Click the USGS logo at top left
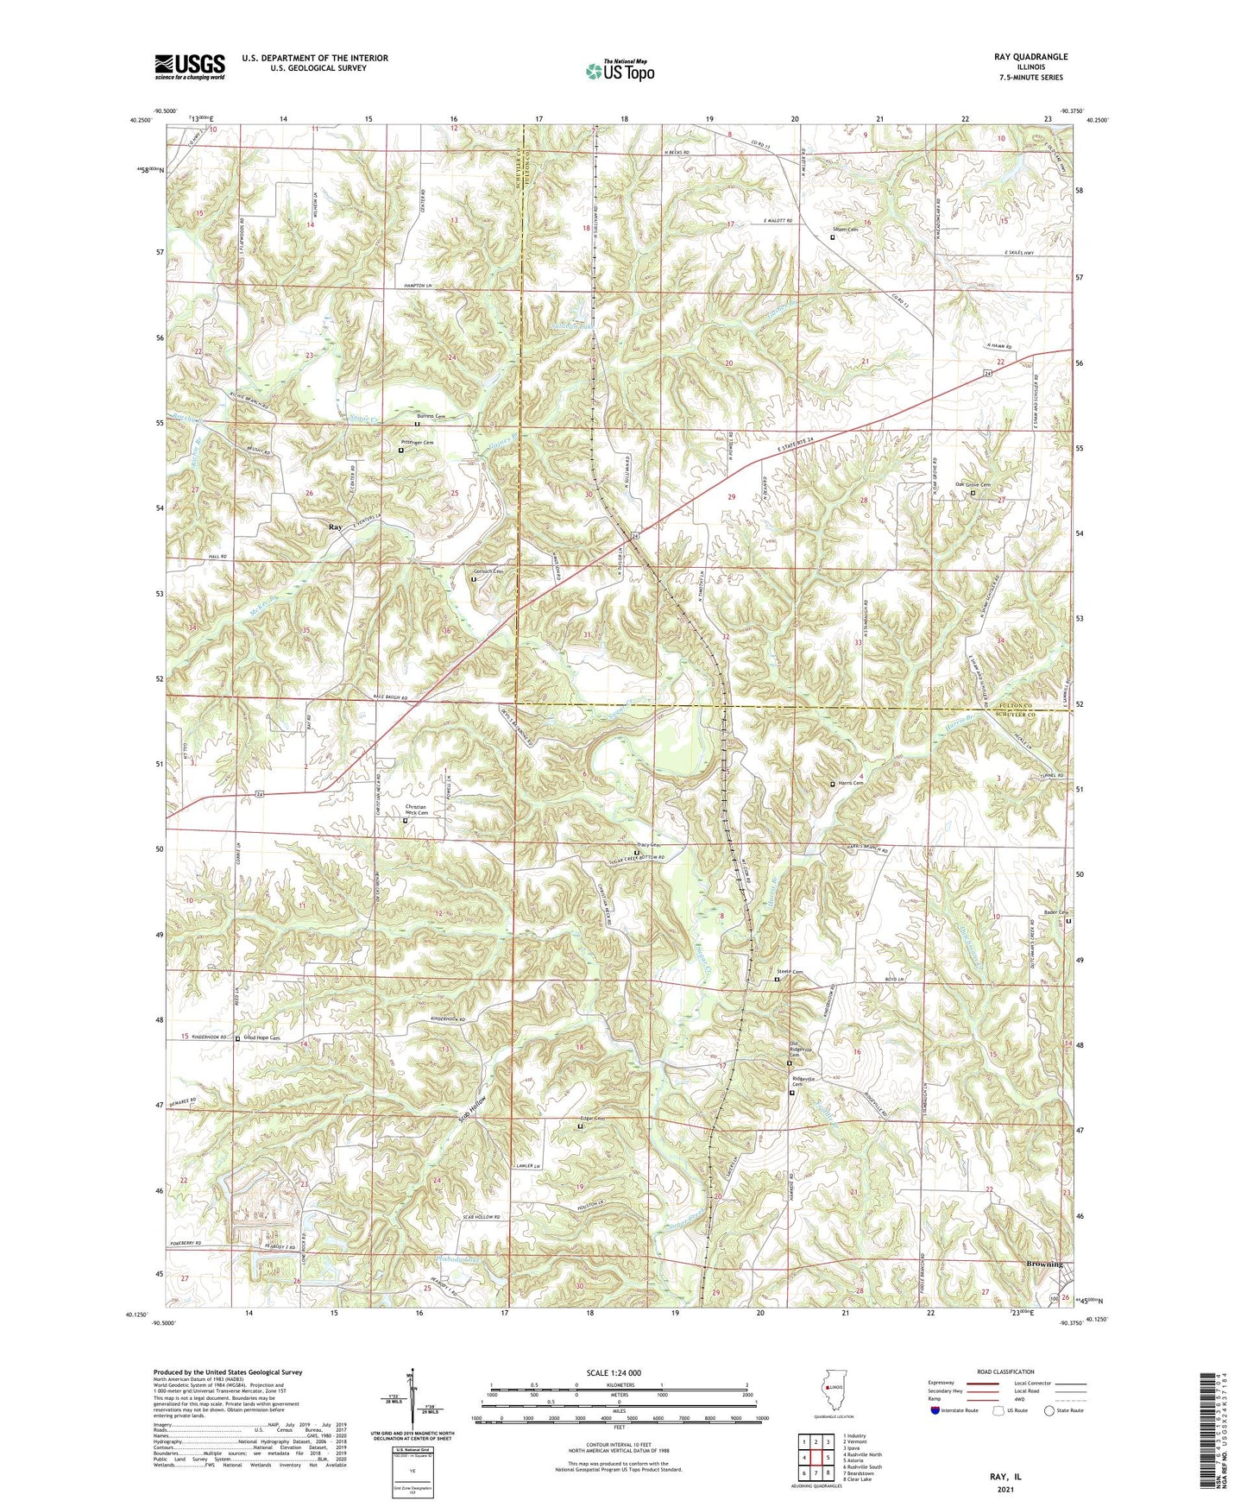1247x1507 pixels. (x=190, y=66)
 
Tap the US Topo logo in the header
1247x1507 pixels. (x=619, y=71)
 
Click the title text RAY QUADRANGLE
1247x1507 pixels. (x=1030, y=57)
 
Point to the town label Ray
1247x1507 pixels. (x=335, y=527)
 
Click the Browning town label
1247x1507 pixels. (x=1044, y=1264)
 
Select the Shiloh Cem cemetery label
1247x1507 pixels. (x=844, y=230)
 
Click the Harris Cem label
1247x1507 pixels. (x=849, y=784)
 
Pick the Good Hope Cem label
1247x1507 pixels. (x=262, y=1037)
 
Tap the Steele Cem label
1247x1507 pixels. (x=790, y=973)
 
